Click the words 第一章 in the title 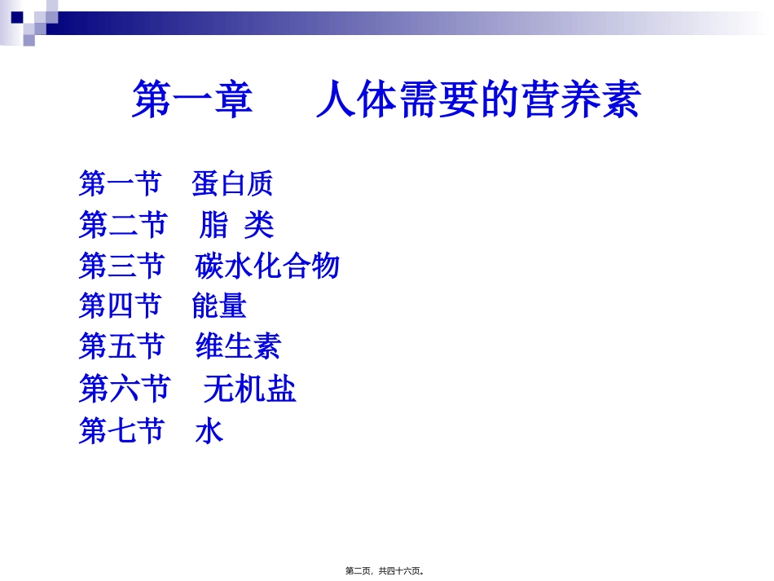[192, 99]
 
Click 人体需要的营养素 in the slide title [478, 99]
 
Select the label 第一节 [120, 183]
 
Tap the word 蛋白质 [232, 183]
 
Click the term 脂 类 [236, 225]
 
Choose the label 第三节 [121, 266]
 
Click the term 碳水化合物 [267, 266]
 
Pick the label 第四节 [120, 306]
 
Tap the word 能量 [219, 306]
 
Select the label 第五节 [121, 347]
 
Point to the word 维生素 [238, 347]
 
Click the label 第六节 [124, 389]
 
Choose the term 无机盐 [249, 389]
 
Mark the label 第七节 [121, 430]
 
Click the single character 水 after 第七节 [209, 430]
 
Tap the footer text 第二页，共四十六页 [385, 571]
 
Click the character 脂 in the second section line [213, 225]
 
